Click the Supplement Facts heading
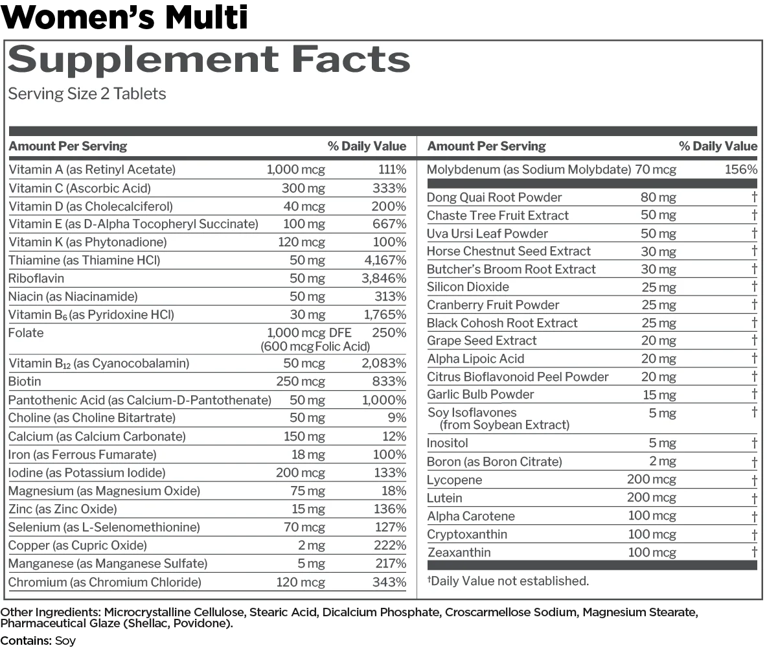[x=209, y=60]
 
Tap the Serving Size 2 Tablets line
[x=87, y=94]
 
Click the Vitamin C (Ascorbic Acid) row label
[x=80, y=189]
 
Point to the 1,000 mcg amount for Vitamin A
[x=296, y=170]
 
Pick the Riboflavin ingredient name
[x=36, y=279]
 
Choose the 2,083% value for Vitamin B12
[x=383, y=364]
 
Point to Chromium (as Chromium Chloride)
[x=105, y=582]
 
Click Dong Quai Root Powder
[x=494, y=198]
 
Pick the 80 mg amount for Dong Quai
[x=658, y=198]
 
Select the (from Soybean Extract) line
[x=505, y=425]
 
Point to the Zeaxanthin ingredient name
[x=459, y=553]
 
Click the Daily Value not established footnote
[x=509, y=581]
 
